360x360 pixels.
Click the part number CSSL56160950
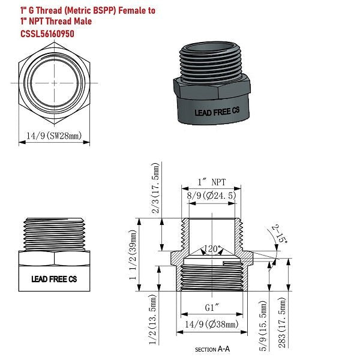click(49, 33)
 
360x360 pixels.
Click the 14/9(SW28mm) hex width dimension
click(53, 136)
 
